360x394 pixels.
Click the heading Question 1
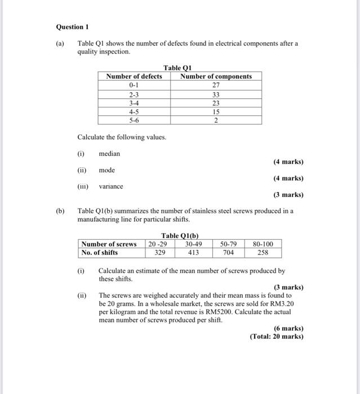click(73, 27)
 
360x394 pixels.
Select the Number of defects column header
click(134, 76)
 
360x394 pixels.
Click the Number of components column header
click(216, 76)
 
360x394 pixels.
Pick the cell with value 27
click(216, 85)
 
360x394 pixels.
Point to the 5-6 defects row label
click(134, 120)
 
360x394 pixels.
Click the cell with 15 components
click(216, 111)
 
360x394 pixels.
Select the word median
click(109, 154)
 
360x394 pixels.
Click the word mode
click(107, 170)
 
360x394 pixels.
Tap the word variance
click(111, 186)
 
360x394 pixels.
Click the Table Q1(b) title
click(180, 235)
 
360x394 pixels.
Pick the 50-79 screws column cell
click(228, 244)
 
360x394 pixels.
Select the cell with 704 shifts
click(228, 253)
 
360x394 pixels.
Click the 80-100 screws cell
click(263, 244)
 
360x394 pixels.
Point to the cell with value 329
click(160, 253)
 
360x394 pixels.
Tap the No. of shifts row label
click(100, 253)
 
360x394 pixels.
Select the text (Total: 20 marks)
click(276, 337)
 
